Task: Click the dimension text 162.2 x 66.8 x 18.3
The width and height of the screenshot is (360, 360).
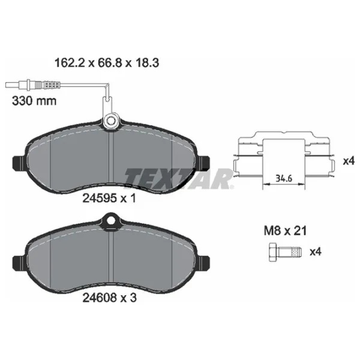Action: (107, 62)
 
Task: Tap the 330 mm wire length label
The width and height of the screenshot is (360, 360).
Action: (34, 101)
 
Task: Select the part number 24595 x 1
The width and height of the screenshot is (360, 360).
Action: (109, 198)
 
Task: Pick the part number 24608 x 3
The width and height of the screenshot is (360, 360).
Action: (110, 298)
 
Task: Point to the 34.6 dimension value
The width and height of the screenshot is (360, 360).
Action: (284, 178)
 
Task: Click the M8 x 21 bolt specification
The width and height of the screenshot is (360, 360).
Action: (285, 231)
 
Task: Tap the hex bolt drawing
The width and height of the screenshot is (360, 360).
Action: (285, 253)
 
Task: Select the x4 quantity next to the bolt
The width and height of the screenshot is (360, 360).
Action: (316, 252)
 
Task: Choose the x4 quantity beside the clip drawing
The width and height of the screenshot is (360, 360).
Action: (349, 161)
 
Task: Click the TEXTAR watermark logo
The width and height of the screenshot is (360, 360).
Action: (179, 178)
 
